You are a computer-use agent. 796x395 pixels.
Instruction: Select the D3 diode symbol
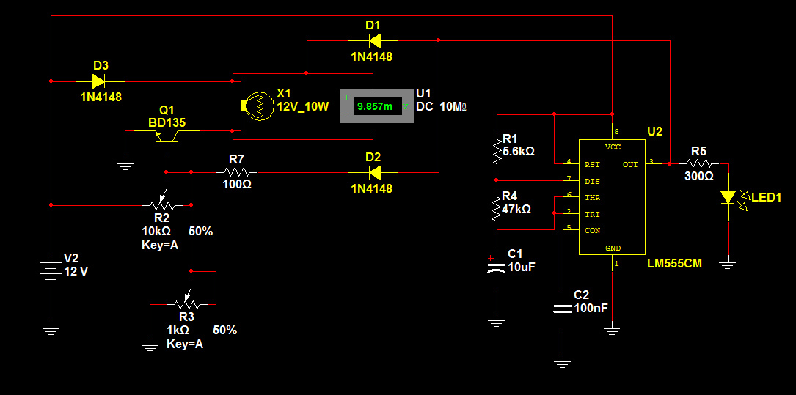98,81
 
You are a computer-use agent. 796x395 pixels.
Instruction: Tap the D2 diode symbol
374,172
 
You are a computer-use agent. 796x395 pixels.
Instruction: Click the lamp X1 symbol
257,106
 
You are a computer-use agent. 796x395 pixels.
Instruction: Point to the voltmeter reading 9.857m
375,106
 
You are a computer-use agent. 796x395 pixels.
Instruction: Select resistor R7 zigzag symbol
236,172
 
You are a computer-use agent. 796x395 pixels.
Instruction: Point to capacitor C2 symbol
563,308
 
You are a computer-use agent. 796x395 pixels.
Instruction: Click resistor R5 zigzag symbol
701,163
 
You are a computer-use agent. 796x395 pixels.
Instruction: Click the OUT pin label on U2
630,164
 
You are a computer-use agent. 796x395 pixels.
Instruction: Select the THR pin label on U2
593,197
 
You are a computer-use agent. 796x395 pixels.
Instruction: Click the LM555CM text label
675,264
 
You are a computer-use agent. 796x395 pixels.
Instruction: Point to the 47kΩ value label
516,208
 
